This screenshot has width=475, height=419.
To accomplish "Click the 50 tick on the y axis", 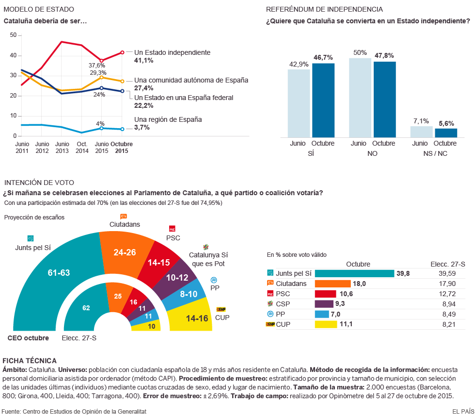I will [x=13, y=35].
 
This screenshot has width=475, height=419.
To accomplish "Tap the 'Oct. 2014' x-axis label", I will [x=81, y=148].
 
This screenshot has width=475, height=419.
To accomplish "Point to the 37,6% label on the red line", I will [x=97, y=65].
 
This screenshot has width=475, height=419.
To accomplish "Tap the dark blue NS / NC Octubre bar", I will [x=445, y=133].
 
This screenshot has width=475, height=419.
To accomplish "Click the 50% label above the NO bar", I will [x=360, y=52].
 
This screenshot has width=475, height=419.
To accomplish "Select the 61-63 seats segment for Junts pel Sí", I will [x=59, y=273].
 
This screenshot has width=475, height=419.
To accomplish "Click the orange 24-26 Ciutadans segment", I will [x=125, y=252].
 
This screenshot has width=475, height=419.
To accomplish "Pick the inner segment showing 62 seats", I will [x=86, y=308].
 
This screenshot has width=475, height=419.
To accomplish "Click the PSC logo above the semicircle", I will [x=172, y=229].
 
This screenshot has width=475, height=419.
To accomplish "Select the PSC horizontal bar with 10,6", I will [x=325, y=294].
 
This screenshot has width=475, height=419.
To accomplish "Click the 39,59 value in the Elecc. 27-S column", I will [x=448, y=274].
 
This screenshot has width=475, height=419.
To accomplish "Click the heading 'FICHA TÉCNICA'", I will [x=30, y=361].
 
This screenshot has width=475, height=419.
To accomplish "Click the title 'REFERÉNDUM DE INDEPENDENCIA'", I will [x=324, y=9].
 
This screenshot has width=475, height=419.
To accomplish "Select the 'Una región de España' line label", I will [x=168, y=119].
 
